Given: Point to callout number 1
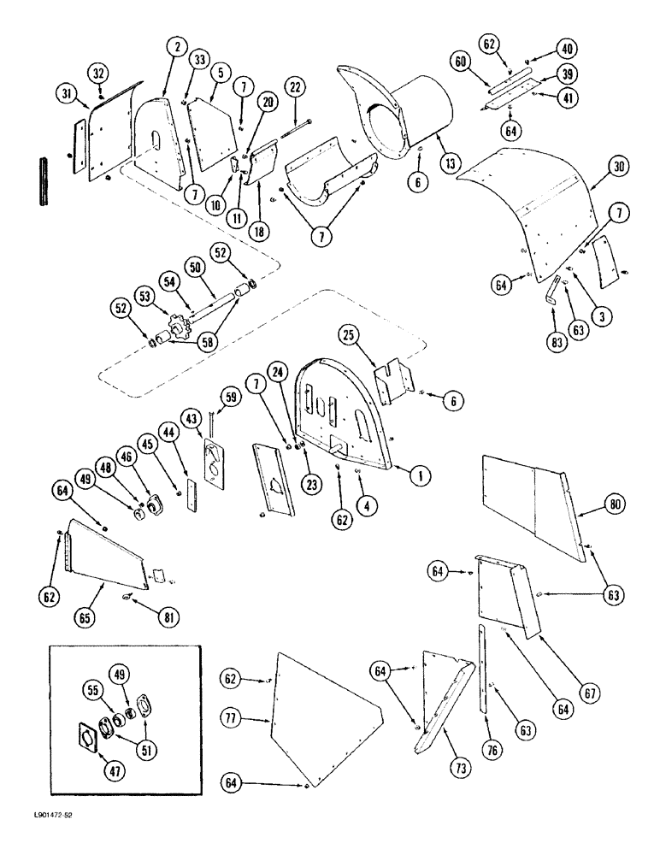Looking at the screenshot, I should pos(420,475).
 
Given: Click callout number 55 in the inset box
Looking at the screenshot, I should pos(91,688).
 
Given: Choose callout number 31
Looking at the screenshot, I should pos(67,91).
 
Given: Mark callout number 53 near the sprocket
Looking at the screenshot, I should pos(142,296).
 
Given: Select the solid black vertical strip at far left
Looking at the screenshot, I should pos(41,180).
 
